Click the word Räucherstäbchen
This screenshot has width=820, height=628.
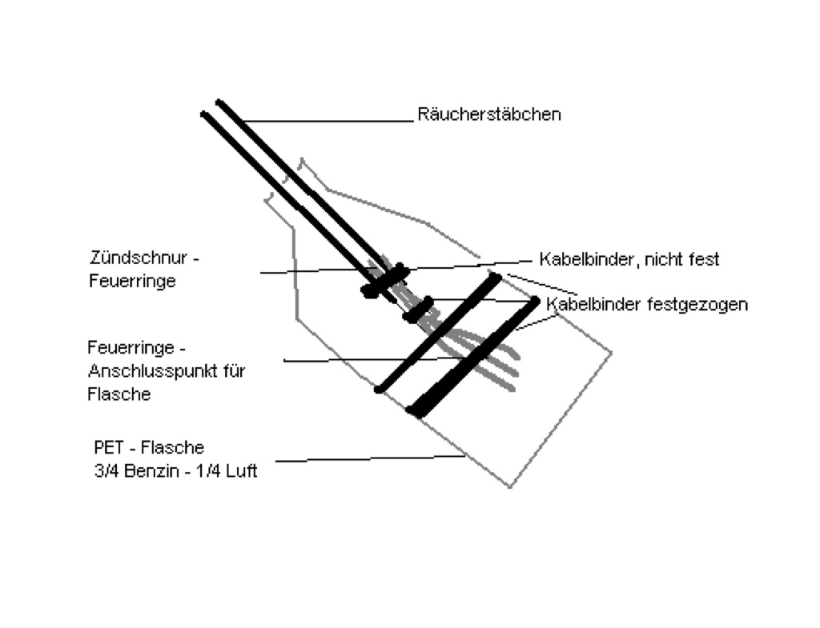tap(488, 114)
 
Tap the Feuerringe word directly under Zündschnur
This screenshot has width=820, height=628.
tap(132, 282)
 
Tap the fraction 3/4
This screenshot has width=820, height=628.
tap(106, 471)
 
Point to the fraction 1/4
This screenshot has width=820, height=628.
tap(207, 471)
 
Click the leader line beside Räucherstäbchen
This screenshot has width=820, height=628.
tap(328, 121)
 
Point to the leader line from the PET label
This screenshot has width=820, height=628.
tap(368, 459)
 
